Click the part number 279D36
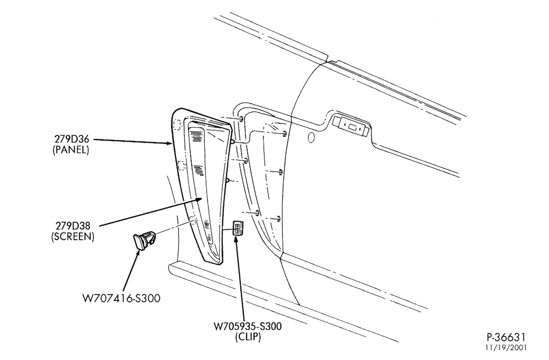click(71, 139)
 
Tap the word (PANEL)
click(71, 150)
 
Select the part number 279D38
click(73, 226)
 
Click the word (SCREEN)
click(73, 237)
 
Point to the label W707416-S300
click(121, 299)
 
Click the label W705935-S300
click(248, 327)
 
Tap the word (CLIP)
click(248, 337)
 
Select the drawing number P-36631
click(506, 337)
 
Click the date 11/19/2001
click(506, 348)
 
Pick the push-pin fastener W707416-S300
click(143, 240)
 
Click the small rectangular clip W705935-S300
click(238, 228)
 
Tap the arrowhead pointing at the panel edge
click(168, 143)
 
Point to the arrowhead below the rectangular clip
click(237, 240)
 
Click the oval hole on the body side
click(311, 138)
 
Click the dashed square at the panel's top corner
click(177, 124)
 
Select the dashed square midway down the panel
click(182, 165)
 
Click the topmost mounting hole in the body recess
click(242, 119)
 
